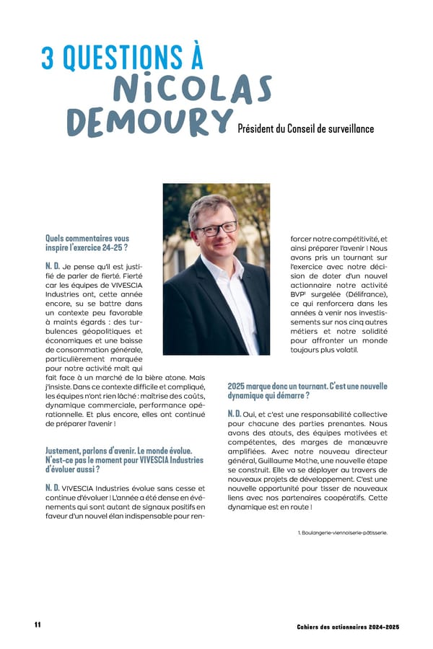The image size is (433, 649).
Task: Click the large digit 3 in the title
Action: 48,58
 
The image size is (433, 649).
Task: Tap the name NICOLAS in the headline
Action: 193,89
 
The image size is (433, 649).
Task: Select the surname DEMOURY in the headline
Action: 149,123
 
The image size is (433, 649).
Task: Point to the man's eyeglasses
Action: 216,229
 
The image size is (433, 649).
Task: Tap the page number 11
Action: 37,624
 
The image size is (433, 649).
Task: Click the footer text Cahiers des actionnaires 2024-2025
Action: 348,627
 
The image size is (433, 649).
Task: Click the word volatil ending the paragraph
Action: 353,350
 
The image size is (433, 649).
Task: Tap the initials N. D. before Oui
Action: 235,413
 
